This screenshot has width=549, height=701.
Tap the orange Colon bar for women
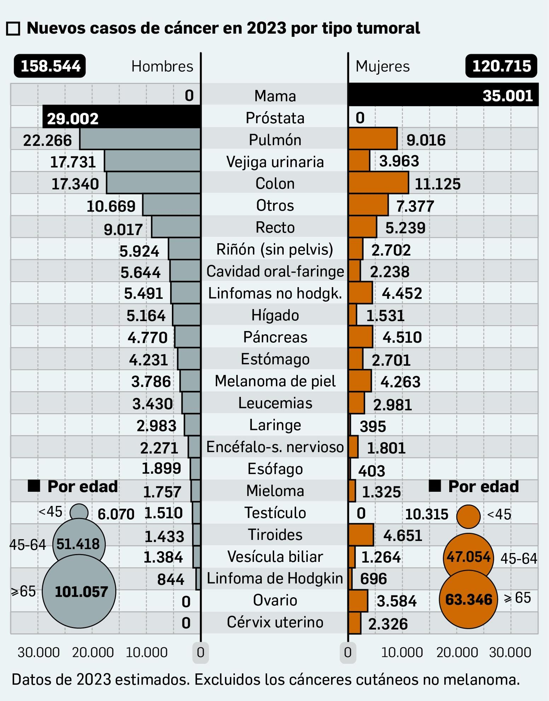[x=378, y=183]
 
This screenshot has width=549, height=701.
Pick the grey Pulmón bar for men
[x=140, y=139]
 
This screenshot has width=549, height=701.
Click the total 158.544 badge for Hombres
[x=50, y=66]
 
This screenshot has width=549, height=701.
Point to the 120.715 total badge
[x=501, y=66]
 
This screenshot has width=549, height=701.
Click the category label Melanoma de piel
[x=275, y=381]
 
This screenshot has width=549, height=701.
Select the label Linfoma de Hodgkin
[x=274, y=578]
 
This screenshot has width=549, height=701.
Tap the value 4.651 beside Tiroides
[x=402, y=535]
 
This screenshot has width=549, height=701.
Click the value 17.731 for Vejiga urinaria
[x=73, y=162]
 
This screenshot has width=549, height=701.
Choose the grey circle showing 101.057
[x=79, y=591]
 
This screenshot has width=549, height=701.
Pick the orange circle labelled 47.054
[x=468, y=557]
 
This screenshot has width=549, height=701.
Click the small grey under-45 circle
[x=79, y=513]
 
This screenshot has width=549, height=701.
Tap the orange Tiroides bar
[x=361, y=535]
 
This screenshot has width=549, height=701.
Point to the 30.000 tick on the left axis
[x=38, y=653]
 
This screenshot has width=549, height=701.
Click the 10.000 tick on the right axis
[x=402, y=653]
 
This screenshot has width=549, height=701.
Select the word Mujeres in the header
[x=382, y=66]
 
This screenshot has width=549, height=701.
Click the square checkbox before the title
[x=13, y=29]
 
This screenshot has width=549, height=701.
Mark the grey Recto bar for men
[x=176, y=227]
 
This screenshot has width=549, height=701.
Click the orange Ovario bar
[x=358, y=601]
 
